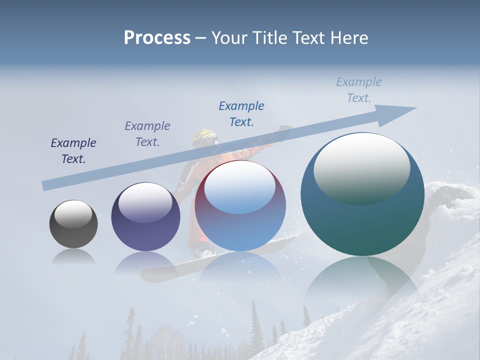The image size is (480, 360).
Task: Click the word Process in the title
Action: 157,38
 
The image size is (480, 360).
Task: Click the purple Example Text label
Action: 147,134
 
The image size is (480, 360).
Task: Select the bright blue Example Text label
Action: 241,114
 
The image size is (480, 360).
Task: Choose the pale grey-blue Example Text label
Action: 359,90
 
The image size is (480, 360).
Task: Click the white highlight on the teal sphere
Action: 361,167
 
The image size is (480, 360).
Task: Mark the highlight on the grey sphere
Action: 73,214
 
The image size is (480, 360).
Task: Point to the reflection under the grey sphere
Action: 73,257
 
